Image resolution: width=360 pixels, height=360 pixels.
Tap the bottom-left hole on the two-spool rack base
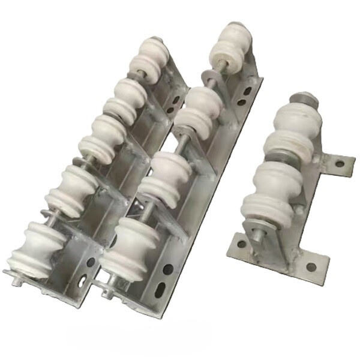click(241, 244)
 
